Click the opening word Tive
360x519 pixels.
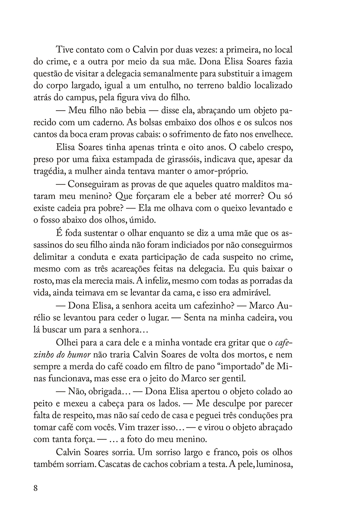point(66,50)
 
